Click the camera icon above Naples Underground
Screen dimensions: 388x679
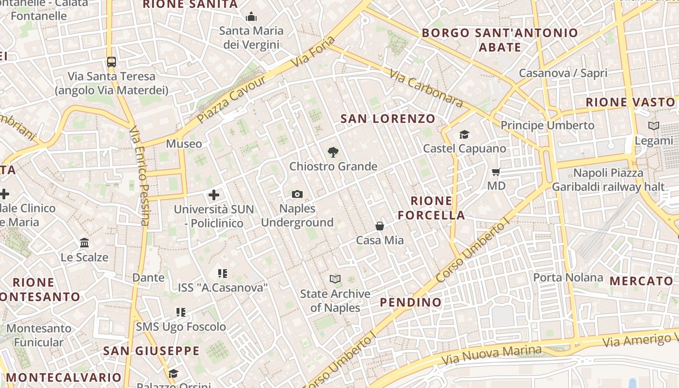coord(297,194)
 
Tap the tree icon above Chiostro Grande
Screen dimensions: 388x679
coord(333,152)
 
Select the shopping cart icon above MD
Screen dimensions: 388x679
coord(496,172)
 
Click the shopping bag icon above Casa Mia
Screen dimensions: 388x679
coord(380,226)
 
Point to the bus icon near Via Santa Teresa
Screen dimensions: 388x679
coord(112,62)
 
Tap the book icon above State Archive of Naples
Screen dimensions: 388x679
coord(335,279)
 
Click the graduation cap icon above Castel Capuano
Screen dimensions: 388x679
coord(465,134)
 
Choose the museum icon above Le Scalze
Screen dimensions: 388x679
coord(84,242)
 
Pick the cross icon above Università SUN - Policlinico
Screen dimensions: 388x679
coord(214,195)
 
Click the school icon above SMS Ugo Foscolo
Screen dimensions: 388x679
coord(181,312)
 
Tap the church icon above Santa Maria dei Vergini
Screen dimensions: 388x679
coord(251,17)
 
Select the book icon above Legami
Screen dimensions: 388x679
coord(654,126)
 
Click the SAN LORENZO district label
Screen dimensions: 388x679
coord(388,119)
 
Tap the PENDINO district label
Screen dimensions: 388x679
coord(411,303)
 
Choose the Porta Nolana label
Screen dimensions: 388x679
coord(568,278)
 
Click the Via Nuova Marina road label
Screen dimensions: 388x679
coord(491,356)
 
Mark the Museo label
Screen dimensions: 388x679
coord(184,144)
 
